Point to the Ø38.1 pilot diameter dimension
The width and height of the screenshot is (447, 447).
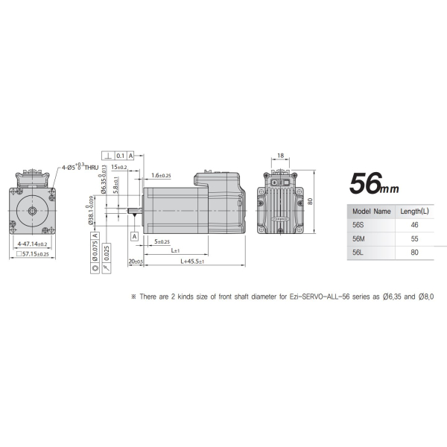[90, 210]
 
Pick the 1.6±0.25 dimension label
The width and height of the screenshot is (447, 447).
[160, 175]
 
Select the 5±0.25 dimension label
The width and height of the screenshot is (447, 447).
[161, 241]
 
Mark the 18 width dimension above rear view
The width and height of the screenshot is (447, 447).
[280, 156]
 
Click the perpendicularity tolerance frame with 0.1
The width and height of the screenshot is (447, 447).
[120, 155]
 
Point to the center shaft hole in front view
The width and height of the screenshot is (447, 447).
[34, 210]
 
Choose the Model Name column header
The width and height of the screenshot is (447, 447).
[370, 211]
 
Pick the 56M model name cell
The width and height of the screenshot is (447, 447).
[358, 239]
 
